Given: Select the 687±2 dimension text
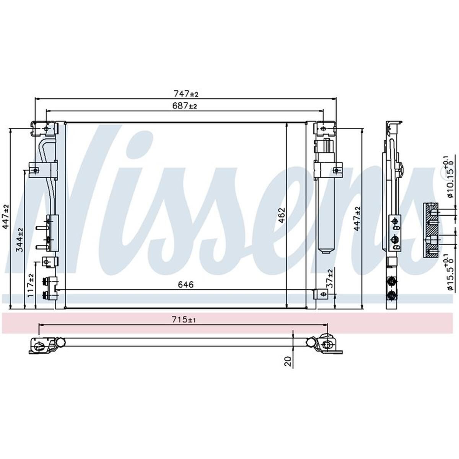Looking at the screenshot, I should (x=185, y=106).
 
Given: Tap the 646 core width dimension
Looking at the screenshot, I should (x=186, y=284).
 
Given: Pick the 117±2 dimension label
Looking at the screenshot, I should (x=31, y=285).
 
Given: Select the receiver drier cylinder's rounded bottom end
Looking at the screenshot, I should (x=326, y=250).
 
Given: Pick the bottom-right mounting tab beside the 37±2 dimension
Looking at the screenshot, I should (x=321, y=294).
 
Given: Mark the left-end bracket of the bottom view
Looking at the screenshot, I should (x=40, y=346).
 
